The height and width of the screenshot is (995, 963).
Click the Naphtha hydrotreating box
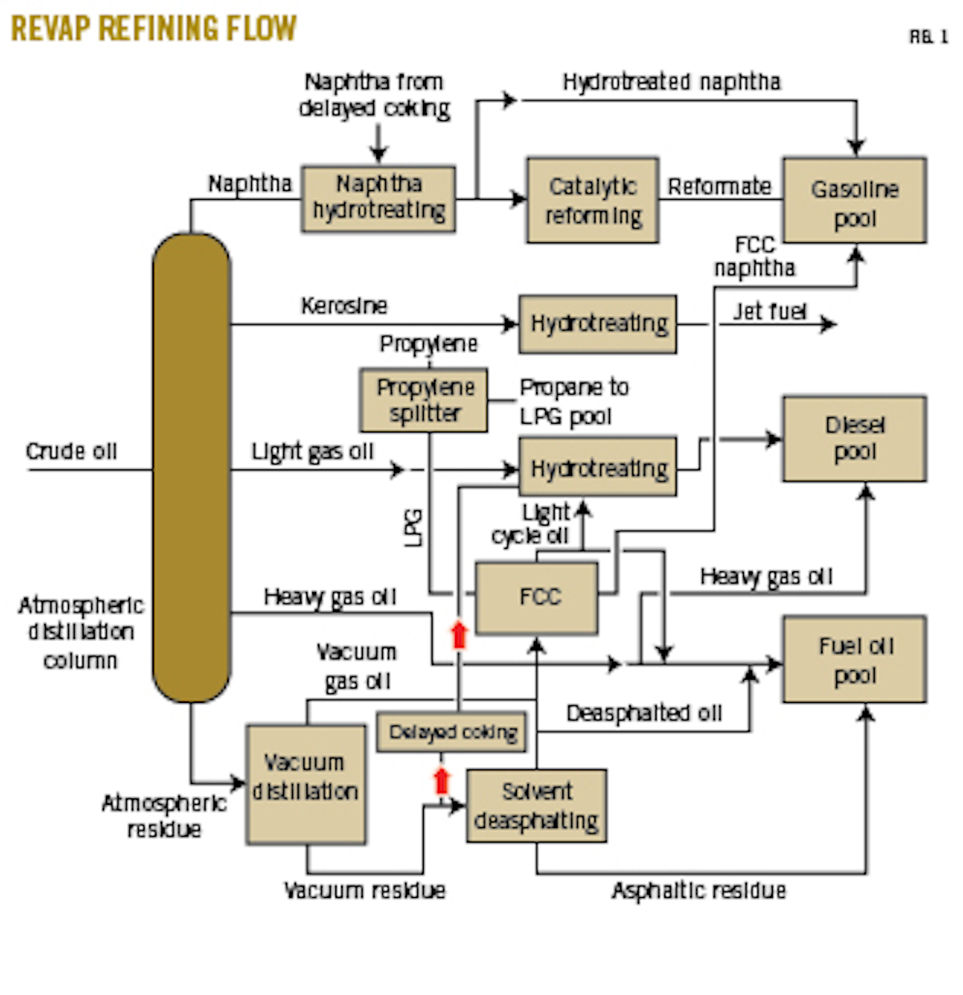378,199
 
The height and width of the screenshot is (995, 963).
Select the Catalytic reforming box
592,201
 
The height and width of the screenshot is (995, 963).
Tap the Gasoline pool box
854,201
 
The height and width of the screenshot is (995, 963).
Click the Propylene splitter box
424,400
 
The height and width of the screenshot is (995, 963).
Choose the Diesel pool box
854,438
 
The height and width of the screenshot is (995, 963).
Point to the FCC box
537,598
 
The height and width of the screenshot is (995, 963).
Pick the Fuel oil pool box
854,660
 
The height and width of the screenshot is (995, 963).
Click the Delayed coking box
452,732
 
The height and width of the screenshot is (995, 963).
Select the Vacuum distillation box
306,784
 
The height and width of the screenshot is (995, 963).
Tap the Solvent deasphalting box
536,806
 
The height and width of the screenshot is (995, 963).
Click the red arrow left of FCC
459,634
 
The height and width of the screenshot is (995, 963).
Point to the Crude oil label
71,451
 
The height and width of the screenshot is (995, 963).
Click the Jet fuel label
769,311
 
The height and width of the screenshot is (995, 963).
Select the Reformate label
719,187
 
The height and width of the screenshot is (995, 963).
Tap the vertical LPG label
413,527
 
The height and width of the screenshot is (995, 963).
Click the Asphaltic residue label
698,891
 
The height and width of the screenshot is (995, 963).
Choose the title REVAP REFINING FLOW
154,29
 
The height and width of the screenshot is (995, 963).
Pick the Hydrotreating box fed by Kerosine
598,324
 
